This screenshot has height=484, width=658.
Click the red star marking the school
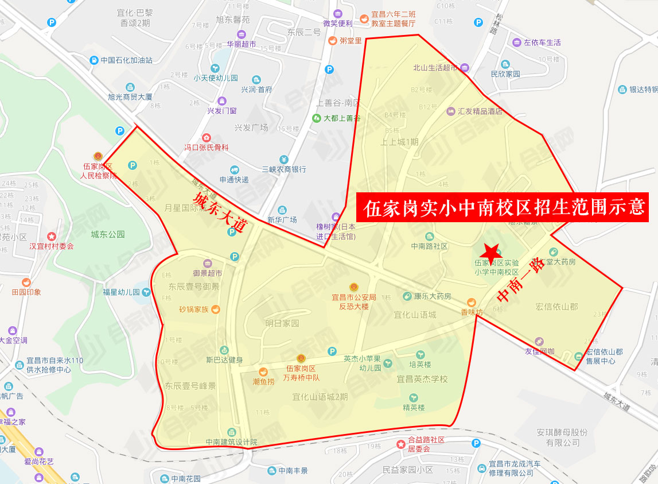coord(490,253)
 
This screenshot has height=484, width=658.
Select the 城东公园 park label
coord(108,234)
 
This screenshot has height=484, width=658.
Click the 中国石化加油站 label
coord(126,60)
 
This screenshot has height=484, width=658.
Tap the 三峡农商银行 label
coord(284,169)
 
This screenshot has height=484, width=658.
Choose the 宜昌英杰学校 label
coord(422,380)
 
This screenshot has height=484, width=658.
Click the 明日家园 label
coord(282,323)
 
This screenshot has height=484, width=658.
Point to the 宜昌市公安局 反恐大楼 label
coord(354,301)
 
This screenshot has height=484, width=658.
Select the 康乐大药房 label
coord(433,296)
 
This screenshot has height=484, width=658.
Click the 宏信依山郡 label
coord(556,307)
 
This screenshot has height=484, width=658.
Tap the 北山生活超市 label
coord(435,67)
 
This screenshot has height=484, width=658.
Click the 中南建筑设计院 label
coord(232,442)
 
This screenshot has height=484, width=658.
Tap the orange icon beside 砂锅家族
coord(216,309)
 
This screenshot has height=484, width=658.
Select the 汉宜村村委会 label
coord(52,246)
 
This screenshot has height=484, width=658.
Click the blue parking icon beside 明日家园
coord(332,351)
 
